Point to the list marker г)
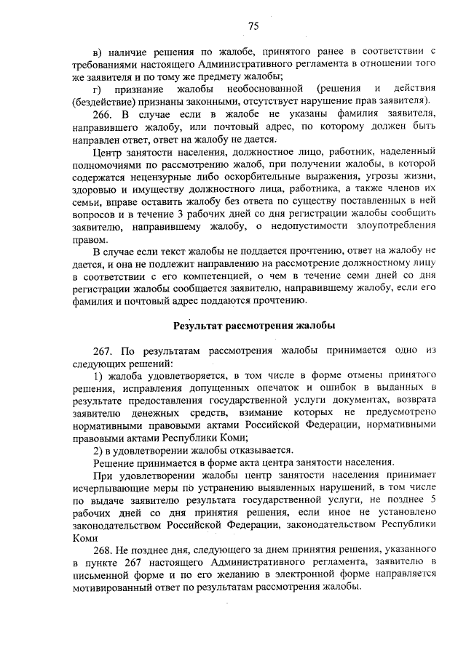pyautogui.click(x=100, y=88)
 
